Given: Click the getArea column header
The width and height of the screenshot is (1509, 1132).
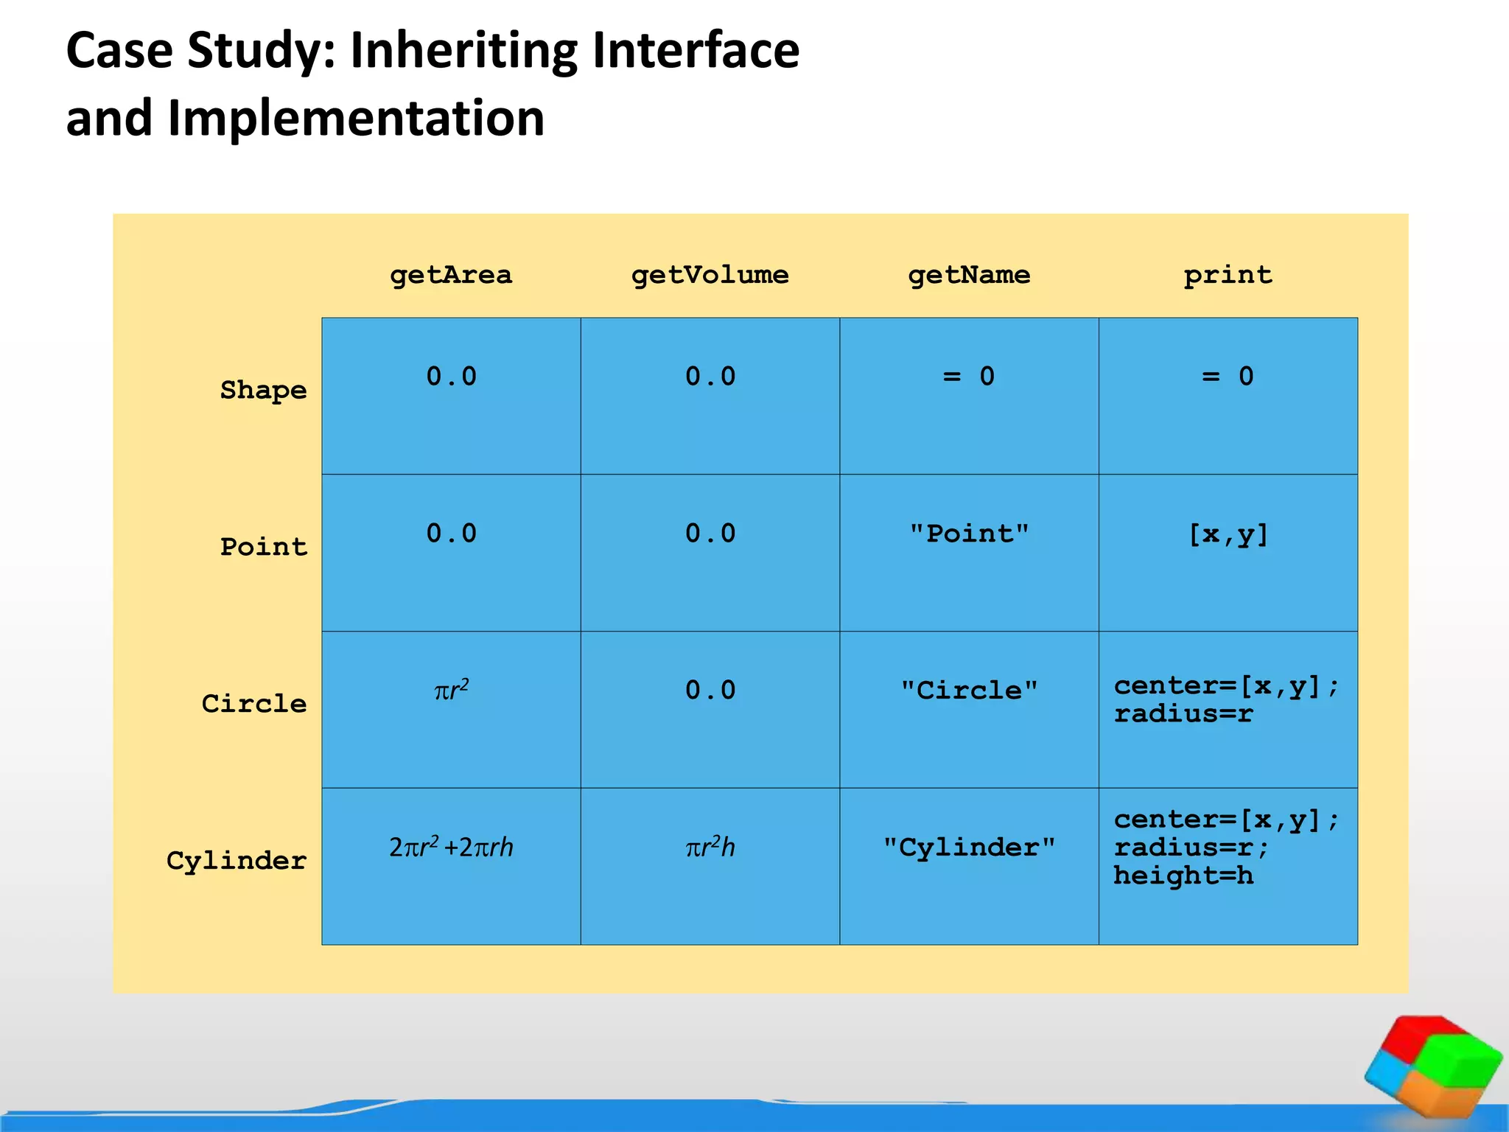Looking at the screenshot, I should pos(451,276).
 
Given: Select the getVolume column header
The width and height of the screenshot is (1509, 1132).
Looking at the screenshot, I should pos(710,276).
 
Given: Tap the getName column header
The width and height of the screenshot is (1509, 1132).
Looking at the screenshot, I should pos(969,276).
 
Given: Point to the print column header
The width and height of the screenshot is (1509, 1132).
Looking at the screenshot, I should pos(1228,276).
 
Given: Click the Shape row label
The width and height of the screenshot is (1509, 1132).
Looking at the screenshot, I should pos(263,390).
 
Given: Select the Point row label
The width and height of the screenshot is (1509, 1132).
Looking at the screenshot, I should pos(263,547).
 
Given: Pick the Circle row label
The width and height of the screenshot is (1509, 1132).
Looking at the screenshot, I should pos(254,704).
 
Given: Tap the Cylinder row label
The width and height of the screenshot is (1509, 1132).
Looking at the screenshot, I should pos(237,861).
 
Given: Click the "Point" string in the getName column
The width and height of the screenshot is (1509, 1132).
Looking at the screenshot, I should pos(969,534).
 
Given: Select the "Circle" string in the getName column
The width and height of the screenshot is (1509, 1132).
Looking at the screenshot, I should pos(969,691).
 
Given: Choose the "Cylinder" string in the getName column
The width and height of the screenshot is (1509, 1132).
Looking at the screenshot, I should pos(969,848).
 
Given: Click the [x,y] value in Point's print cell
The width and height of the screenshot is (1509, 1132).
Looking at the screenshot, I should pos(1228,534).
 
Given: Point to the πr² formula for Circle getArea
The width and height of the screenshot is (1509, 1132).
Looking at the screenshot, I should pos(451,691).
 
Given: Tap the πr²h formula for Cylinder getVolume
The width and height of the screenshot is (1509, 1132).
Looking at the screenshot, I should pos(710,848).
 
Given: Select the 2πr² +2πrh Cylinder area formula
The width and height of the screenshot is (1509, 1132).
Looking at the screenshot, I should pos(451,848).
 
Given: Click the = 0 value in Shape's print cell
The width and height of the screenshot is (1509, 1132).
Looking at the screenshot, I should pos(1228,377).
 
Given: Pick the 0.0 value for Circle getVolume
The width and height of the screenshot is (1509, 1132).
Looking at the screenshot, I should pos(710,691).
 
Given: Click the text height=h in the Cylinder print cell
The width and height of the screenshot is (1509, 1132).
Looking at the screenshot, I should pos(1183,876).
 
